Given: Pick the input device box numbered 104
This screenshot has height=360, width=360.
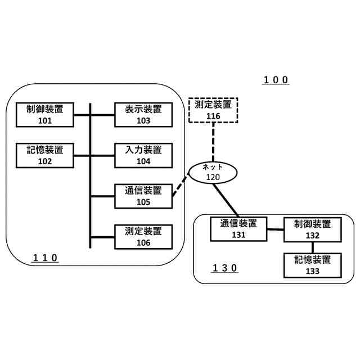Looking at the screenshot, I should (x=143, y=155).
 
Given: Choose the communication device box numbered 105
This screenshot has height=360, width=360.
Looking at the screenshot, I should (x=143, y=196).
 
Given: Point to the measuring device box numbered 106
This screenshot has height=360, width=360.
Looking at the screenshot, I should (x=143, y=237).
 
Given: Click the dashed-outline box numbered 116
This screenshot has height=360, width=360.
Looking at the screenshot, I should (x=213, y=110).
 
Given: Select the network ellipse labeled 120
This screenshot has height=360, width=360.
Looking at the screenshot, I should (x=213, y=172).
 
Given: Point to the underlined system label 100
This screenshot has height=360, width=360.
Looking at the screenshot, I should (x=276, y=80).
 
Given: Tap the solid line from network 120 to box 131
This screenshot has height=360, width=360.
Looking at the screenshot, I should (x=226, y=200).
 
